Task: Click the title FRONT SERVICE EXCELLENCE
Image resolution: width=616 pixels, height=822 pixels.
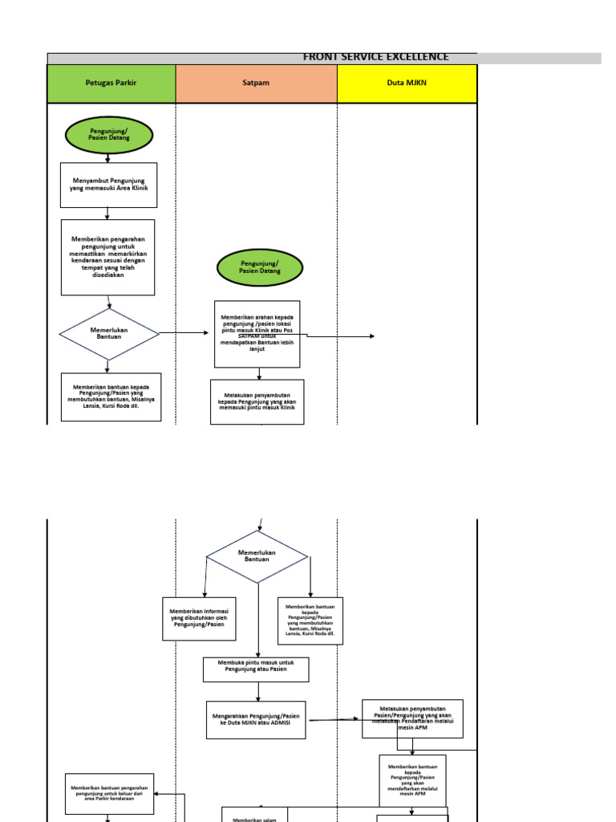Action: [x=375, y=57]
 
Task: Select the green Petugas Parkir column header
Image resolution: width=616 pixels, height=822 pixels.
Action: [x=111, y=83]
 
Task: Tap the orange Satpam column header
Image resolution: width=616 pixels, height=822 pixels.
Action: [x=256, y=83]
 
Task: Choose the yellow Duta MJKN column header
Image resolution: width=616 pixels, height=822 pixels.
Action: [x=407, y=83]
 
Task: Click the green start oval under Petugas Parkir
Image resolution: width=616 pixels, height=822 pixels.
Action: [x=108, y=135]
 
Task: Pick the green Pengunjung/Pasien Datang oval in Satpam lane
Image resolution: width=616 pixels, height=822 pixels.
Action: [x=259, y=267]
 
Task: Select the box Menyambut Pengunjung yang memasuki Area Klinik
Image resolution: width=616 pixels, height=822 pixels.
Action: [x=108, y=185]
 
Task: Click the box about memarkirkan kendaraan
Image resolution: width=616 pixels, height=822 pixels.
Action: [x=108, y=257]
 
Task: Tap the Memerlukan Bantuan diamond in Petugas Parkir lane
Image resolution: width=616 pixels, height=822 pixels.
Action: [x=109, y=334]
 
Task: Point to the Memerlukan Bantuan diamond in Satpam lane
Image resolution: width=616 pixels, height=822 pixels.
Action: [x=257, y=556]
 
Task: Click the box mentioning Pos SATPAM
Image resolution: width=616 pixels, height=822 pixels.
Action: [x=257, y=334]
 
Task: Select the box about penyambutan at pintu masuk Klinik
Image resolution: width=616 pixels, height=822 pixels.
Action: [x=257, y=401]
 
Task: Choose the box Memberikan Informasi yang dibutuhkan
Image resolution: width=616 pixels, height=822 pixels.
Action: [x=199, y=619]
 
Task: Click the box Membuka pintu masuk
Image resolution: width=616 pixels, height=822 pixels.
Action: [x=255, y=669]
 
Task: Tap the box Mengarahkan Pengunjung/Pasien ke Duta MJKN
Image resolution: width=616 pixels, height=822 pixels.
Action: [x=255, y=719]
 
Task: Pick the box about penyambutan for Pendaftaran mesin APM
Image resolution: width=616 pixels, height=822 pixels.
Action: [x=412, y=718]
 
